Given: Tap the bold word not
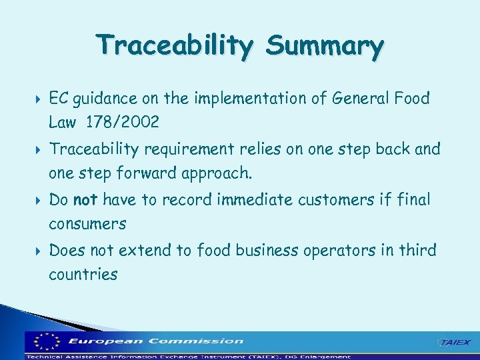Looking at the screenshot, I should click(x=85, y=199).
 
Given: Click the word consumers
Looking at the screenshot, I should click(x=87, y=224).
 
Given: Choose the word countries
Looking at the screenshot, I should click(x=83, y=274).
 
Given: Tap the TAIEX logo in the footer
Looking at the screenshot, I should click(x=453, y=342).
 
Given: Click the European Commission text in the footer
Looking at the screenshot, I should click(x=155, y=341).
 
